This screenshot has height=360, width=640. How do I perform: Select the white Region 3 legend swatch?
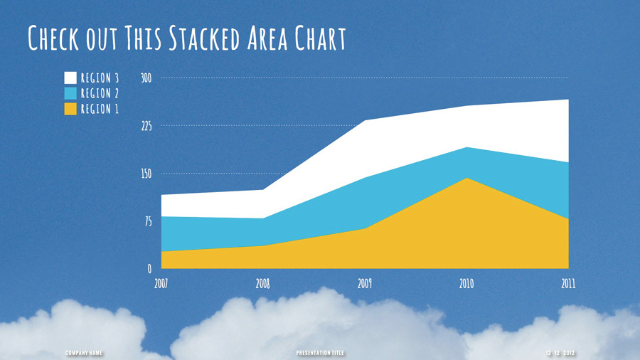tap(70, 78)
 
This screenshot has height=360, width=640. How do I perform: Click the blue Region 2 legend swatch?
tap(70, 93)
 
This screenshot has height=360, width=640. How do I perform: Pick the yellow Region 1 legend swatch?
tap(70, 109)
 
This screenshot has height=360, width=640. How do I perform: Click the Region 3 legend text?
tap(100, 78)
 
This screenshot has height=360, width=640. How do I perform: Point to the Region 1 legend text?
tap(100, 109)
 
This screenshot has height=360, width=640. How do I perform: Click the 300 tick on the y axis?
tap(146, 78)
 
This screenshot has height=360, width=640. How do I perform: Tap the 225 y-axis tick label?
tap(146, 126)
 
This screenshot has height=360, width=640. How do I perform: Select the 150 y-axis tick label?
tap(146, 174)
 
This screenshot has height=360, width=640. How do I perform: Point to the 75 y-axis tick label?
tap(148, 221)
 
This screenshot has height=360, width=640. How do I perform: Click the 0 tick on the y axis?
tap(149, 269)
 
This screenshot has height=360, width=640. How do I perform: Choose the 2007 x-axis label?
tap(161, 283)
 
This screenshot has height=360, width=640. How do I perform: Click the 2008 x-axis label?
tap(263, 283)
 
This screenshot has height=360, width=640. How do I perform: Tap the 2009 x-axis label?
tap(365, 283)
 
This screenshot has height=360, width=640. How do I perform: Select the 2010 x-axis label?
tap(466, 283)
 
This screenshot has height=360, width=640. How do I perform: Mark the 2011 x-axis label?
tap(567, 283)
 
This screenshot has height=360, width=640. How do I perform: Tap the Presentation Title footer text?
tap(319, 353)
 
